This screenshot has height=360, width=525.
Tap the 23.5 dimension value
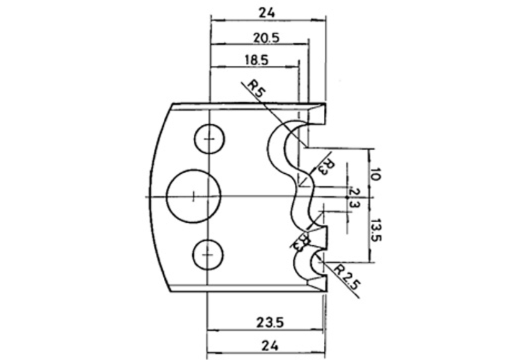tap(270, 322)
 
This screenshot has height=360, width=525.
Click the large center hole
tap(194, 196)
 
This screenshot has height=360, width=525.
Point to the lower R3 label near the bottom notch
tap(302, 241)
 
